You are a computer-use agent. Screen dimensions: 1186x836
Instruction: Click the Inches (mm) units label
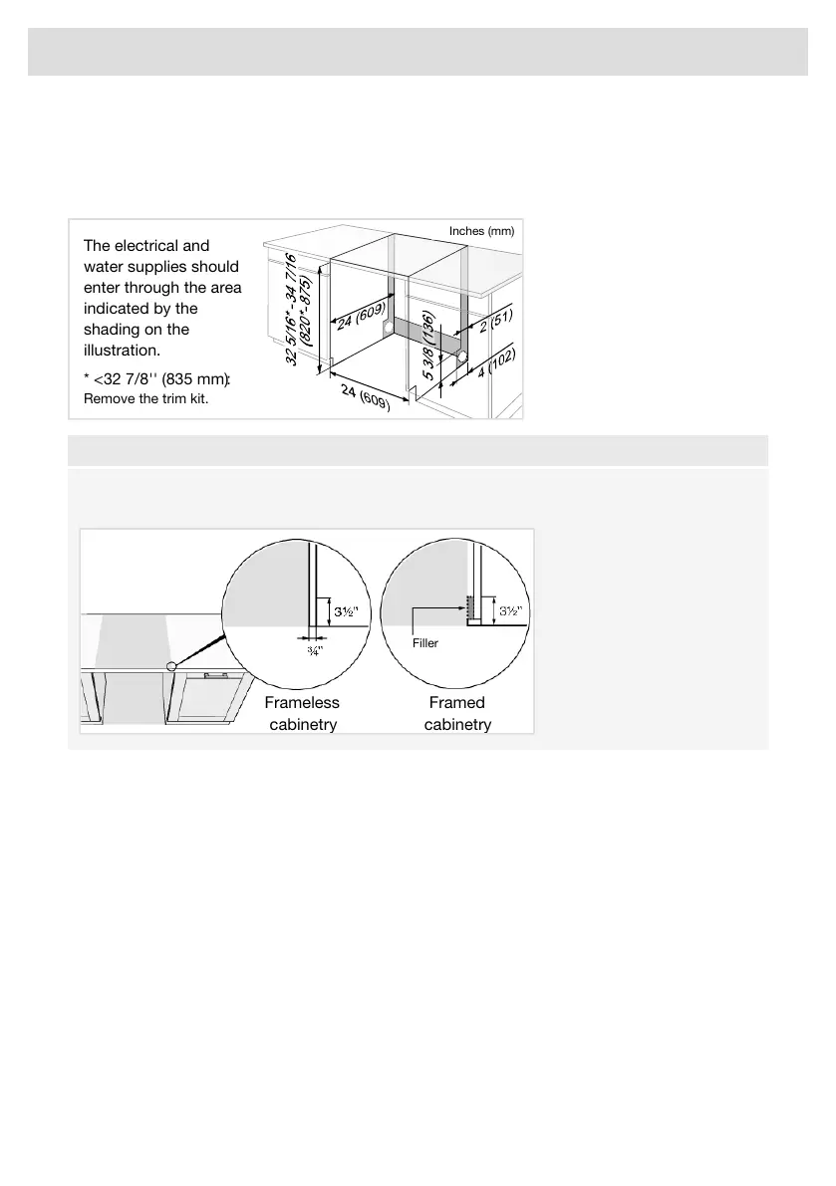click(x=481, y=231)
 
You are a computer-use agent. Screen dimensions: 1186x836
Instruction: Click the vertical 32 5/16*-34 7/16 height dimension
click(x=299, y=309)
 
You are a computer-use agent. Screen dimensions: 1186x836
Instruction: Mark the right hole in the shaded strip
click(x=462, y=355)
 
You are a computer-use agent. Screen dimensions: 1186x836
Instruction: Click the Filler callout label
click(x=425, y=643)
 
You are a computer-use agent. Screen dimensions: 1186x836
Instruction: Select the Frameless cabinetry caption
click(x=302, y=714)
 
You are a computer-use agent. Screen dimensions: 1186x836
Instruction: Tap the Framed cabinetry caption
click(x=457, y=714)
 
